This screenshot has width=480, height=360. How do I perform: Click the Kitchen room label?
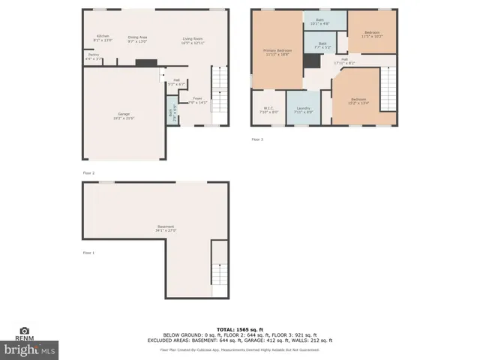point(102,38)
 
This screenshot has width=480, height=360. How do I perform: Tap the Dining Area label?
point(136,38)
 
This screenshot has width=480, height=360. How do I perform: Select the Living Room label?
point(193,40)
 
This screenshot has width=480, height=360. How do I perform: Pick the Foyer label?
point(197,100)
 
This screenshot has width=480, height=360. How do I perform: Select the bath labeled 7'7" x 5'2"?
point(322,45)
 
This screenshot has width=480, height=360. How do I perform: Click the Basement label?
point(166,228)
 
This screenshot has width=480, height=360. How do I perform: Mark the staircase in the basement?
point(219,271)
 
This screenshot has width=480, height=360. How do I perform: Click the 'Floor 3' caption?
point(257,139)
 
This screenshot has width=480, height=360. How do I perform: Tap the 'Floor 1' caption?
point(88,253)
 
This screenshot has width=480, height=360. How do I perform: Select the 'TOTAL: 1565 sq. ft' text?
point(239,329)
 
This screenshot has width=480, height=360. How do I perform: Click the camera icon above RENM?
point(24,331)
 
